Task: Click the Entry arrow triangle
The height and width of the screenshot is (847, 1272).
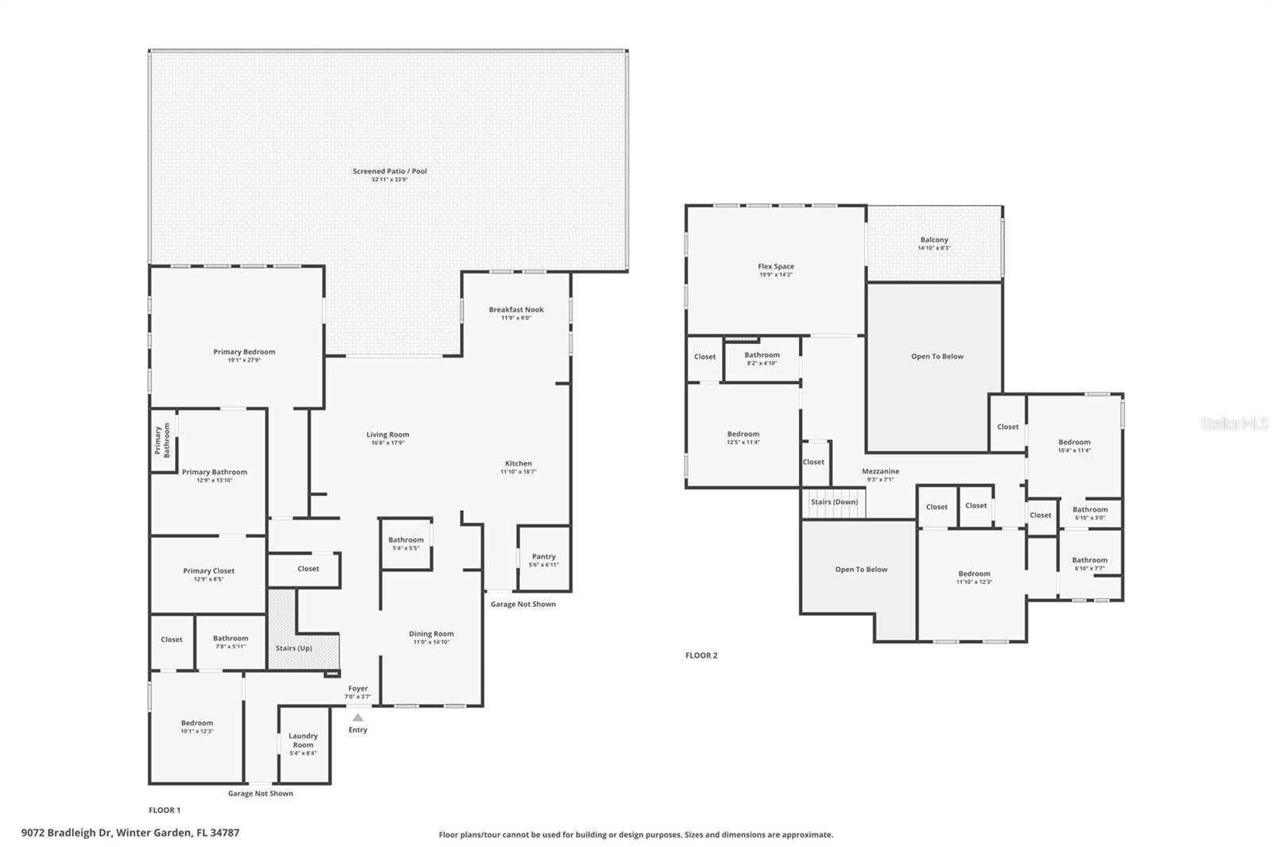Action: pos(358,717)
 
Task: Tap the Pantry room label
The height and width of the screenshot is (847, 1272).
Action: pos(544,556)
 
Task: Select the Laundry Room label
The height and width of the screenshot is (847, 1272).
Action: pos(303,740)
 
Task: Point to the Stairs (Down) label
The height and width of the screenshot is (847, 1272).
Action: pos(834,502)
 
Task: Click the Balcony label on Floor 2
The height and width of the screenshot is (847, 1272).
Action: pos(934,240)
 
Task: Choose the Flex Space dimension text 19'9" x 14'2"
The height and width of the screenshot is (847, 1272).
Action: pos(776,275)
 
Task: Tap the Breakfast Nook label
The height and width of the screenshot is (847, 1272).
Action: pos(516,310)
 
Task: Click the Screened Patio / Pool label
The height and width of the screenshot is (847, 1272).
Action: pos(390,171)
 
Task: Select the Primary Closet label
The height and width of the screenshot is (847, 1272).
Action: pos(208,570)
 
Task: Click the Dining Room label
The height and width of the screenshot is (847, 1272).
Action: pos(432,634)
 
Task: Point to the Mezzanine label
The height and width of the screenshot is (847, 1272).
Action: pos(880,471)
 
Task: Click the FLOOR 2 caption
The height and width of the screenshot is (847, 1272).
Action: pos(701,656)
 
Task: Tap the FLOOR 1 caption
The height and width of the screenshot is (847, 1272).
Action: pos(165,810)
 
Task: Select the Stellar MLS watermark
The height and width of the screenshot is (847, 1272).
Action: pos(1234,423)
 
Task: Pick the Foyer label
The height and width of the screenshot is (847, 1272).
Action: pos(358,689)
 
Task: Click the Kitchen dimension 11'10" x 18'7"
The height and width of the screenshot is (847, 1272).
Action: pos(518,472)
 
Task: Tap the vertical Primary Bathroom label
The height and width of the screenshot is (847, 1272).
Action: pos(162,441)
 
